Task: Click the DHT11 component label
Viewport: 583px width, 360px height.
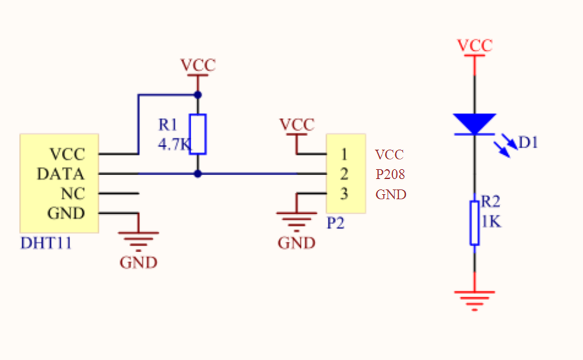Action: [x=46, y=243]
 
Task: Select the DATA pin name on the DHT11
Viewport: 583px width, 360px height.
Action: [x=60, y=174]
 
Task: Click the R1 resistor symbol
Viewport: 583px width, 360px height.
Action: [x=198, y=134]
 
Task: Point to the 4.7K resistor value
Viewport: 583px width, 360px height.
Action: [x=174, y=144]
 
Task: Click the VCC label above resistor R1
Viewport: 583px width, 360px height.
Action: [x=198, y=65]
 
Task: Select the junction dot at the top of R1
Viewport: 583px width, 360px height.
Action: [x=198, y=95]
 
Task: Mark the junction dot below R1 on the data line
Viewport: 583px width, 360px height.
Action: [x=198, y=174]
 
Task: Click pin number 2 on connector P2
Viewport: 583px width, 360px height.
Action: [x=344, y=174]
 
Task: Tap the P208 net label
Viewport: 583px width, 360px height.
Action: [x=390, y=174]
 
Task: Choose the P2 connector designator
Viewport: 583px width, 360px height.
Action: [x=335, y=223]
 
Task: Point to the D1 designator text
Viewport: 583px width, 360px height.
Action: [x=528, y=143]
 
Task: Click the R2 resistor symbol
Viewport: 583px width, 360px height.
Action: [x=475, y=223]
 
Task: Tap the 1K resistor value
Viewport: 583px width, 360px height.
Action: [x=491, y=221]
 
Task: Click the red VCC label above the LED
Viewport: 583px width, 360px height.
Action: [x=475, y=46]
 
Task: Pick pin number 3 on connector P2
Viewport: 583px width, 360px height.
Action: [x=344, y=194]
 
